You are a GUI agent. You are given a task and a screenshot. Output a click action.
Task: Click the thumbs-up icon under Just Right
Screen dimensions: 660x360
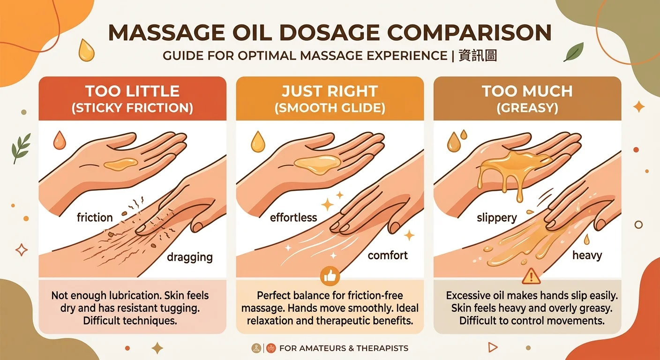pyautogui.click(x=330, y=276)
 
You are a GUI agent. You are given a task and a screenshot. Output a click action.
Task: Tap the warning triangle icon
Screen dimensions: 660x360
pyautogui.click(x=531, y=277)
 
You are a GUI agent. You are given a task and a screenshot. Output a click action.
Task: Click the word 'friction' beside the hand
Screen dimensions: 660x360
pyautogui.click(x=95, y=217)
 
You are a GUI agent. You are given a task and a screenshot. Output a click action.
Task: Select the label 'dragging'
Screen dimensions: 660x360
pyautogui.click(x=190, y=257)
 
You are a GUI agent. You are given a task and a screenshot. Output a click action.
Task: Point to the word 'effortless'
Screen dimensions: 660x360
pyautogui.click(x=293, y=217)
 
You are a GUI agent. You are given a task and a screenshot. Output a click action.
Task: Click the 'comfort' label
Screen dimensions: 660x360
pyautogui.click(x=388, y=255)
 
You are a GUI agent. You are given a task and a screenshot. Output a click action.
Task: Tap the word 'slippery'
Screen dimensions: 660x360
pyautogui.click(x=497, y=218)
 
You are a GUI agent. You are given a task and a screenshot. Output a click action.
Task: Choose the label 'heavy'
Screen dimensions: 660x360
pyautogui.click(x=587, y=255)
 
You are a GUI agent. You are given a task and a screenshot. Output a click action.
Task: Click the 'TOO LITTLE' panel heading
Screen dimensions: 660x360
pyautogui.click(x=132, y=91)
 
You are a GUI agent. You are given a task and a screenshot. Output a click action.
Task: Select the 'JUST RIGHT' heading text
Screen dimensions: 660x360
pyautogui.click(x=330, y=91)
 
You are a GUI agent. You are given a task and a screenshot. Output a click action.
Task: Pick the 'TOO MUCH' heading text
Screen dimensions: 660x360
pyautogui.click(x=527, y=91)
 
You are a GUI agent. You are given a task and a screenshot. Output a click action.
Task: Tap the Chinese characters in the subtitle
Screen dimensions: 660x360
pyautogui.click(x=478, y=55)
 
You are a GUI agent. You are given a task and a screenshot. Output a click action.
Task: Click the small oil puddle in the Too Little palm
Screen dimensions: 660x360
pyautogui.click(x=121, y=164)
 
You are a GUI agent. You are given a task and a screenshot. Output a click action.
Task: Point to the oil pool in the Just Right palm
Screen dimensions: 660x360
pyautogui.click(x=317, y=165)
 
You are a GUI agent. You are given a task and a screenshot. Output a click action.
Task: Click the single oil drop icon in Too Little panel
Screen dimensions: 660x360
pyautogui.click(x=60, y=140)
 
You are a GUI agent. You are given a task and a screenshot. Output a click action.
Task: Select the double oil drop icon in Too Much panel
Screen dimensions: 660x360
pyautogui.click(x=457, y=141)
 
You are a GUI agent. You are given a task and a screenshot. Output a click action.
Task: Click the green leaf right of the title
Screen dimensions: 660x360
pyautogui.click(x=574, y=52)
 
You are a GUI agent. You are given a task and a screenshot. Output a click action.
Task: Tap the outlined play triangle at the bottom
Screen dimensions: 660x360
pyautogui.click(x=493, y=347)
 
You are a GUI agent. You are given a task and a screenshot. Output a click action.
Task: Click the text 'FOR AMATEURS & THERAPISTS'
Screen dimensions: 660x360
pyautogui.click(x=344, y=348)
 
